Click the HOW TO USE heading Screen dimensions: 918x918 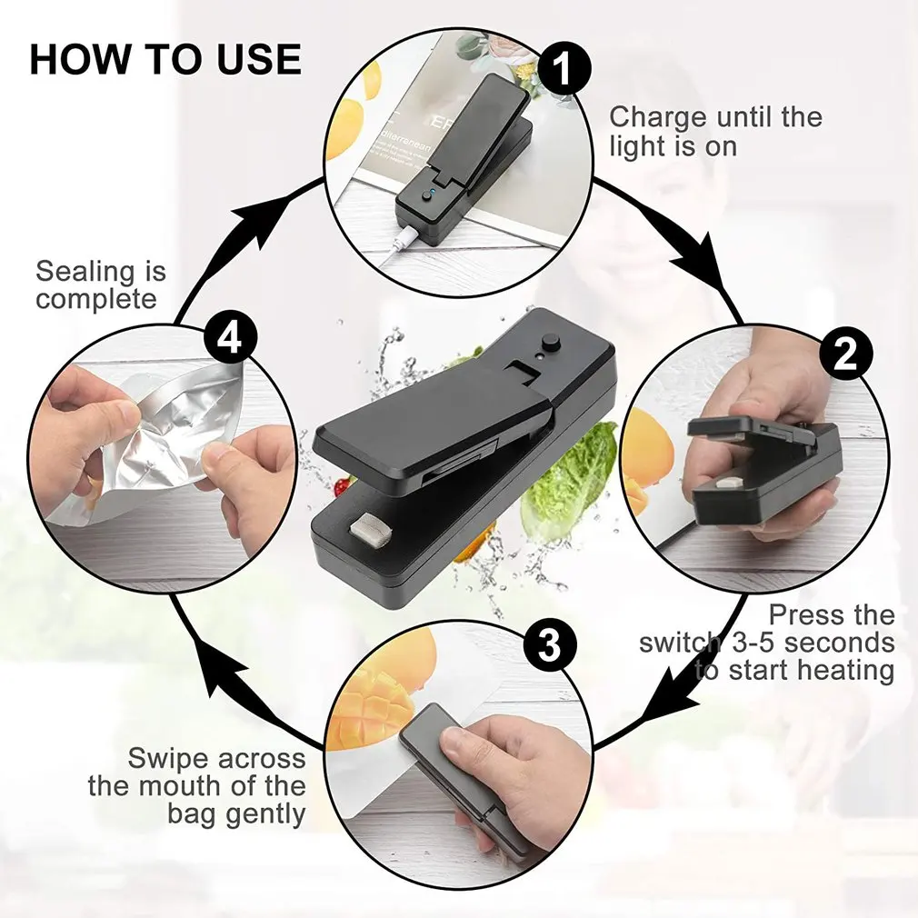click(x=165, y=59)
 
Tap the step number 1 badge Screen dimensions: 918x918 click(x=564, y=69)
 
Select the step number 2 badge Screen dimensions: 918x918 click(x=845, y=354)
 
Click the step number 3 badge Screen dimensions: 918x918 click(x=550, y=646)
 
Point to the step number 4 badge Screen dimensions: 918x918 click(x=230, y=339)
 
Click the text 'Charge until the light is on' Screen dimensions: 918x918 click(x=714, y=131)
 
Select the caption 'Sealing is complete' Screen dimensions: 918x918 click(x=101, y=284)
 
